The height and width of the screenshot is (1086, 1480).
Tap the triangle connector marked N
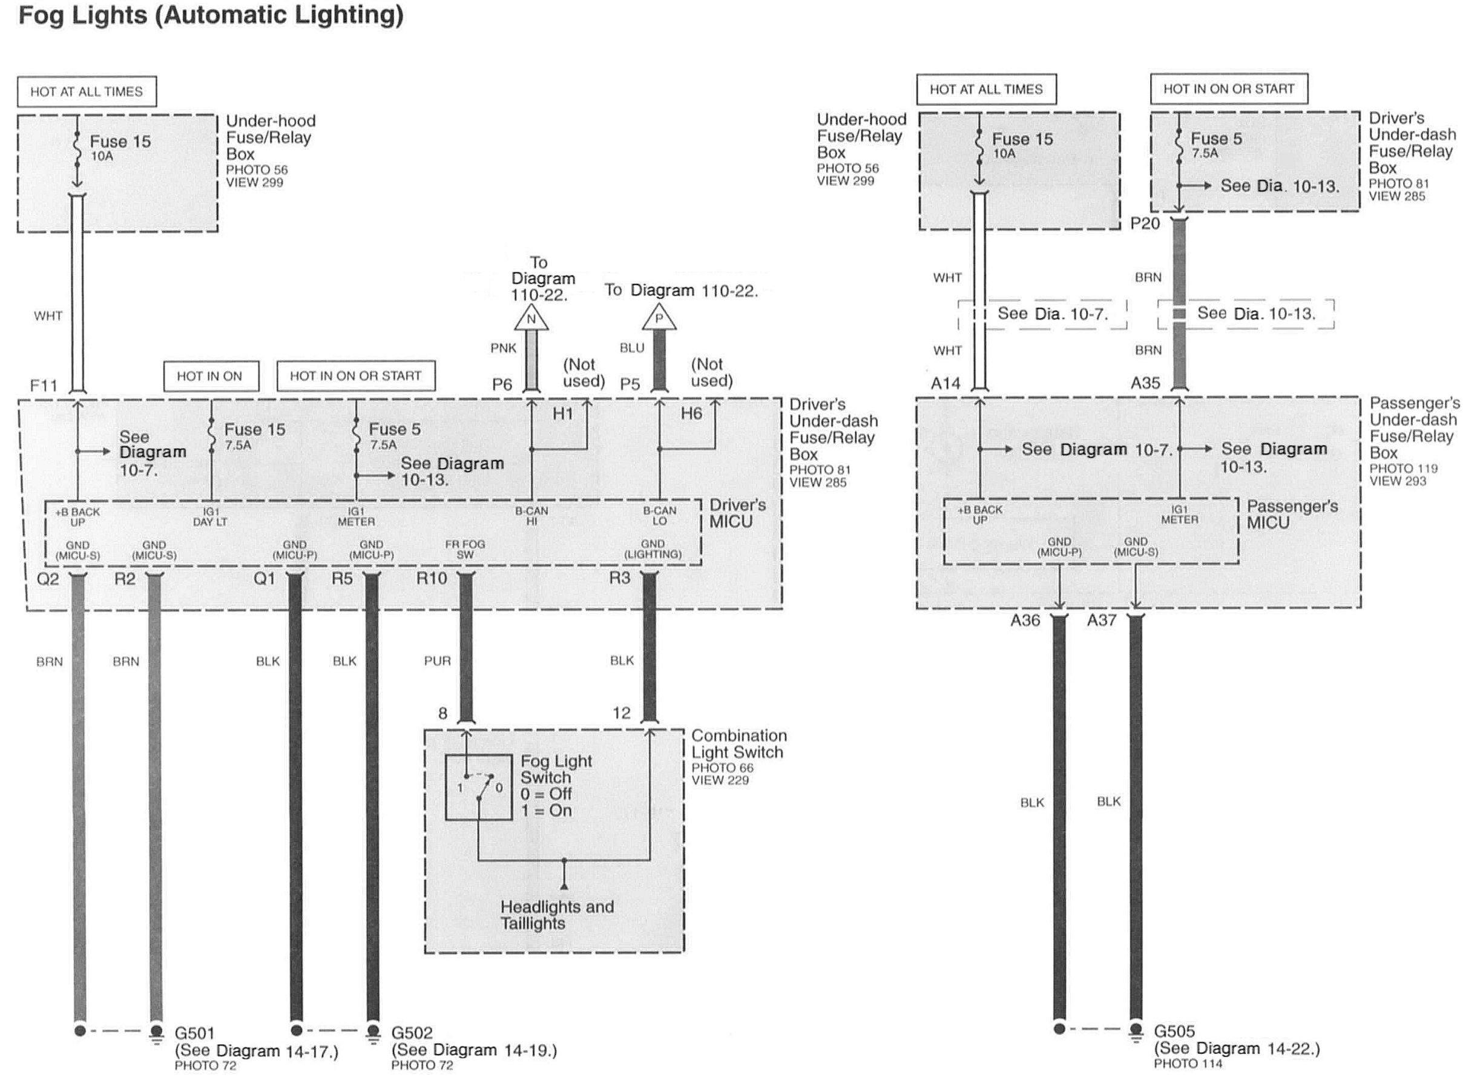(531, 320)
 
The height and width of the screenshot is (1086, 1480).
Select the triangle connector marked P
(659, 320)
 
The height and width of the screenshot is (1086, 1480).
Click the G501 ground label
(194, 1033)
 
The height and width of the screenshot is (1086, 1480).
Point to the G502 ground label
(412, 1033)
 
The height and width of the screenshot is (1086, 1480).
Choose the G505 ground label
(1174, 1031)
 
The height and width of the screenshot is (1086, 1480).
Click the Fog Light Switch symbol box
(478, 787)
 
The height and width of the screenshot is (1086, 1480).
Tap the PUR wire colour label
(437, 660)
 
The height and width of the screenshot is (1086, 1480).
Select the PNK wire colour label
(504, 347)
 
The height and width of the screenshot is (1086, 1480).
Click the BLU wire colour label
(631, 347)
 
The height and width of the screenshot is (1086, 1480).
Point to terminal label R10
(431, 579)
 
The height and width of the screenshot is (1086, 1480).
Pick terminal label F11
(44, 385)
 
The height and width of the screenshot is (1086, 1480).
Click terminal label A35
(1145, 383)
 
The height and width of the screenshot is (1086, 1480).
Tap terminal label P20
(1145, 223)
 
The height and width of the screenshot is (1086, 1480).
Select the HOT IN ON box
(210, 376)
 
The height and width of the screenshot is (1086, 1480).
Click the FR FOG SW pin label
(465, 550)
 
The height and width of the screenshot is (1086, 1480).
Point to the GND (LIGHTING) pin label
(653, 549)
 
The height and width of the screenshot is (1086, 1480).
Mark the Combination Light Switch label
(738, 744)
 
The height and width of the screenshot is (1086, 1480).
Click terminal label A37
(1102, 620)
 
